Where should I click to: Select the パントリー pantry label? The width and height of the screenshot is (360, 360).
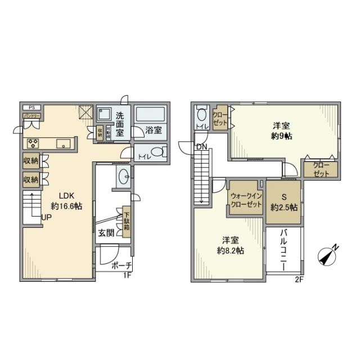click(x=31, y=116)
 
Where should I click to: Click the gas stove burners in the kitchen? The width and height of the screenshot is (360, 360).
click(x=32, y=142)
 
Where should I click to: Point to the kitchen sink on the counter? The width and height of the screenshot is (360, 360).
click(x=64, y=142)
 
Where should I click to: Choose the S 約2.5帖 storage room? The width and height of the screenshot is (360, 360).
click(x=283, y=201)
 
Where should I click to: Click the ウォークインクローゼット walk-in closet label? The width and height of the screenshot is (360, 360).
click(x=246, y=200)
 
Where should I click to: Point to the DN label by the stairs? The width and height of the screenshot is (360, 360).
click(x=201, y=147)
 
